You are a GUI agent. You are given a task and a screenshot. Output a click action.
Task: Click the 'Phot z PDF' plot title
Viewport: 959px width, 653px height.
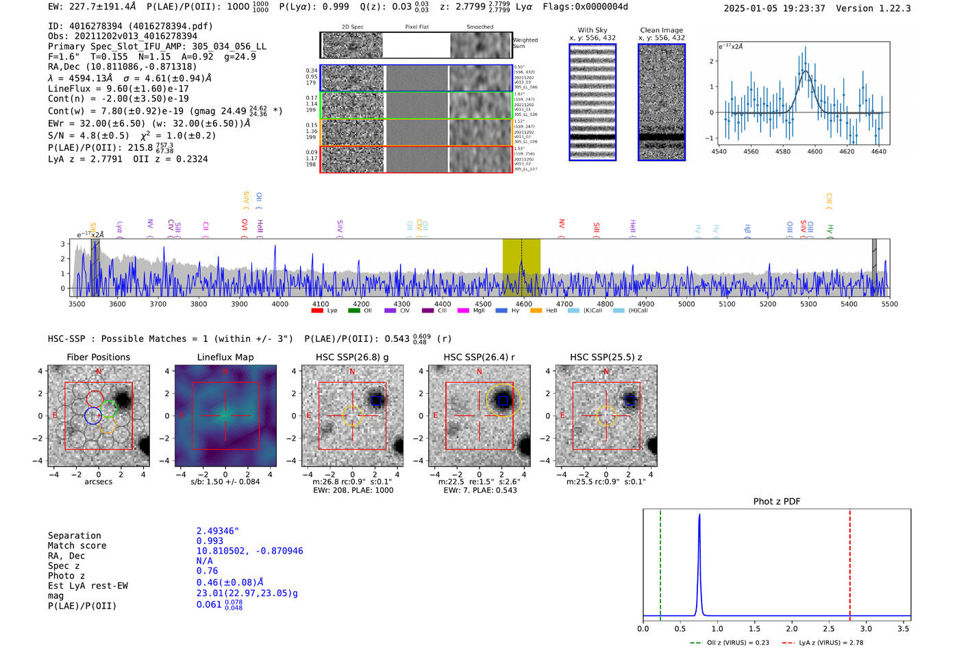[x=776, y=502]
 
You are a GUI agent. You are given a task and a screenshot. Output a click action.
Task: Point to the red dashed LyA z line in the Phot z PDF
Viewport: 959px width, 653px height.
[x=849, y=562]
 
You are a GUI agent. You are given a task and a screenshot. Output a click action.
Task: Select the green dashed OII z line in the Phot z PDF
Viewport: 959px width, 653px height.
[x=660, y=562]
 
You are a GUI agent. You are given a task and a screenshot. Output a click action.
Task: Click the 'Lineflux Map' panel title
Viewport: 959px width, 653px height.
[x=225, y=357]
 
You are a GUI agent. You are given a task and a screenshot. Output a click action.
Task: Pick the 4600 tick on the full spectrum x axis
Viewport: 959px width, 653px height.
[x=523, y=304]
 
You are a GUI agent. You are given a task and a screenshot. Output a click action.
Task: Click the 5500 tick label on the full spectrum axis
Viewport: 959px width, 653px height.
[x=889, y=304]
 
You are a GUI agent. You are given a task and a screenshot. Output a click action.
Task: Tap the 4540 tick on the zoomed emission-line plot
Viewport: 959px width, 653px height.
[x=719, y=151]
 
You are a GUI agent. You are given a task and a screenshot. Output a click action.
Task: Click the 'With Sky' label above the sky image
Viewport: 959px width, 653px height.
[x=592, y=30]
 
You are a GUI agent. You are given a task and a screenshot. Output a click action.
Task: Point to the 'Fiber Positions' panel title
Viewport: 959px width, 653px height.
[x=98, y=357]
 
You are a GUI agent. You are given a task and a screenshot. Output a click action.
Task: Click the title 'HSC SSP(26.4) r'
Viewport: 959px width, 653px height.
[x=479, y=357]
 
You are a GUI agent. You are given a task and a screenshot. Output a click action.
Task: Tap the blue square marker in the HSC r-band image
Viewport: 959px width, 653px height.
[x=503, y=400]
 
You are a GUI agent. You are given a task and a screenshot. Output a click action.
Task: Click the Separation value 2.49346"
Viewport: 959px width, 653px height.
[x=217, y=531]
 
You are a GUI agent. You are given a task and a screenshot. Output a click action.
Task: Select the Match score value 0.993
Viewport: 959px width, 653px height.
[x=210, y=541]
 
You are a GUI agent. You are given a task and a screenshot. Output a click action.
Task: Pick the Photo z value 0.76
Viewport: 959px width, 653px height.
[x=207, y=571]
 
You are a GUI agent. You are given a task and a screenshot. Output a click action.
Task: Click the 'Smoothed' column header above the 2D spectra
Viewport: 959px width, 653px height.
[x=480, y=27]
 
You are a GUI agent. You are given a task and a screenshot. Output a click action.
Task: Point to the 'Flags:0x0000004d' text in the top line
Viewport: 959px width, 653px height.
[x=585, y=7]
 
